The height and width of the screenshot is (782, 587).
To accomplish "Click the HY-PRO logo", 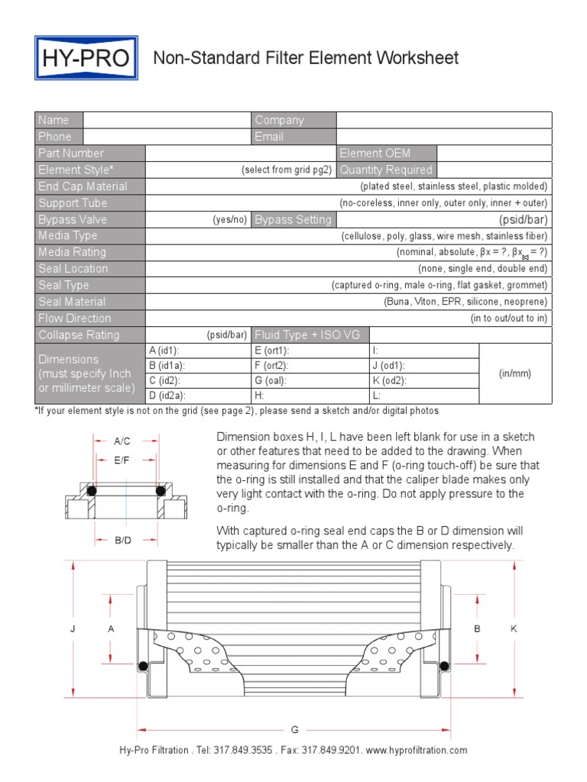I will click(x=86, y=58).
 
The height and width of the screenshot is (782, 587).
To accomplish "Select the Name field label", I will click(x=54, y=120).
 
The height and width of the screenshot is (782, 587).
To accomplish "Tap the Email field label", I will click(x=269, y=137).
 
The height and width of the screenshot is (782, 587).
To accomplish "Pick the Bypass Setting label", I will click(x=293, y=220).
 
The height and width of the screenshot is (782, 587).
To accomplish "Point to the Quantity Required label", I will click(x=386, y=170).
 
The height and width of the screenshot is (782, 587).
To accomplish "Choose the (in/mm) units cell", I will click(x=514, y=373).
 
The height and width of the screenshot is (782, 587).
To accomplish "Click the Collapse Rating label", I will click(x=79, y=335).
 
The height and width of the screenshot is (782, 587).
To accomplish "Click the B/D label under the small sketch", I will click(x=123, y=541).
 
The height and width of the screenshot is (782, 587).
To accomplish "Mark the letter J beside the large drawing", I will click(x=73, y=629).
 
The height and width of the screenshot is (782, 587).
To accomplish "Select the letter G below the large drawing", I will click(x=294, y=730).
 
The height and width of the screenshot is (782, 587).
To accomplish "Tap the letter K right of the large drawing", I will click(x=514, y=629).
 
